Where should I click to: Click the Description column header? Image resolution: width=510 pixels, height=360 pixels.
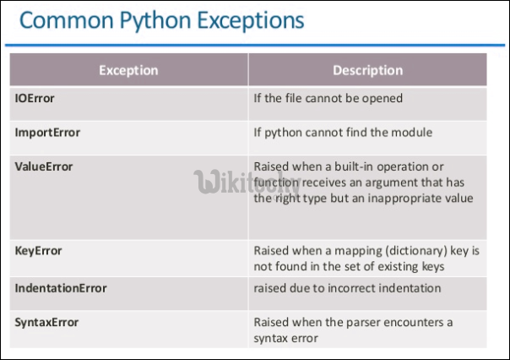(367, 70)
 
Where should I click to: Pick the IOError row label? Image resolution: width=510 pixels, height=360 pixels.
(35, 98)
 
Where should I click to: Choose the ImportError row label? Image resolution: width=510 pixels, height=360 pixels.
(47, 133)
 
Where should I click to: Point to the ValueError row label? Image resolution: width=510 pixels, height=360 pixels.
(44, 166)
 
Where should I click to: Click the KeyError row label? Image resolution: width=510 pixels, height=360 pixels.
(38, 251)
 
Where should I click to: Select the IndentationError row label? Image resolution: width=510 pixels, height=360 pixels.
(61, 288)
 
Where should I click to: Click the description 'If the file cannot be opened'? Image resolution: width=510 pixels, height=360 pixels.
(328, 98)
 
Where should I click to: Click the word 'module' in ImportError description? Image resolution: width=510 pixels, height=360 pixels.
(414, 133)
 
